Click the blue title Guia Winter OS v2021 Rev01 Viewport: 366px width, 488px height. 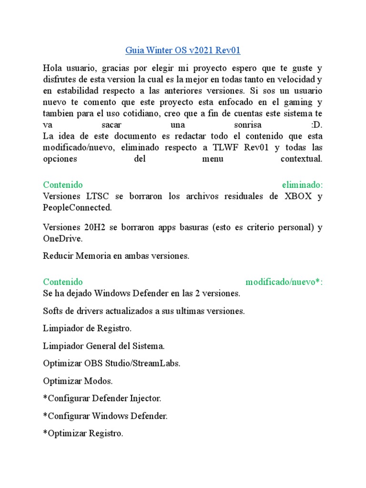click(x=183, y=50)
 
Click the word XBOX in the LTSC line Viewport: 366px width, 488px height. click(x=299, y=196)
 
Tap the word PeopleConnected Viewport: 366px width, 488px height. click(x=77, y=207)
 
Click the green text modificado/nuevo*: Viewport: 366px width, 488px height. click(x=284, y=282)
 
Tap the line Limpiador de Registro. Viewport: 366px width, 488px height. click(x=87, y=328)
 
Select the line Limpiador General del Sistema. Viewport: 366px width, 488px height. click(x=104, y=346)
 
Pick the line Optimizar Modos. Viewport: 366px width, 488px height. click(x=78, y=381)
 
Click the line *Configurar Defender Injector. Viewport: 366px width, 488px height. click(x=102, y=398)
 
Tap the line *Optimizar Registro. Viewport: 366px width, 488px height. click(x=83, y=433)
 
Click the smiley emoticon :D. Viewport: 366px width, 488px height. click(x=316, y=125)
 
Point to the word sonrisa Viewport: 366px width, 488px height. click(x=245, y=125)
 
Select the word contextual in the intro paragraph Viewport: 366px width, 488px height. click(x=301, y=159)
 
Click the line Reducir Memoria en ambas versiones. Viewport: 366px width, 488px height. click(x=116, y=256)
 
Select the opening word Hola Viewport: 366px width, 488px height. click(x=52, y=68)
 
